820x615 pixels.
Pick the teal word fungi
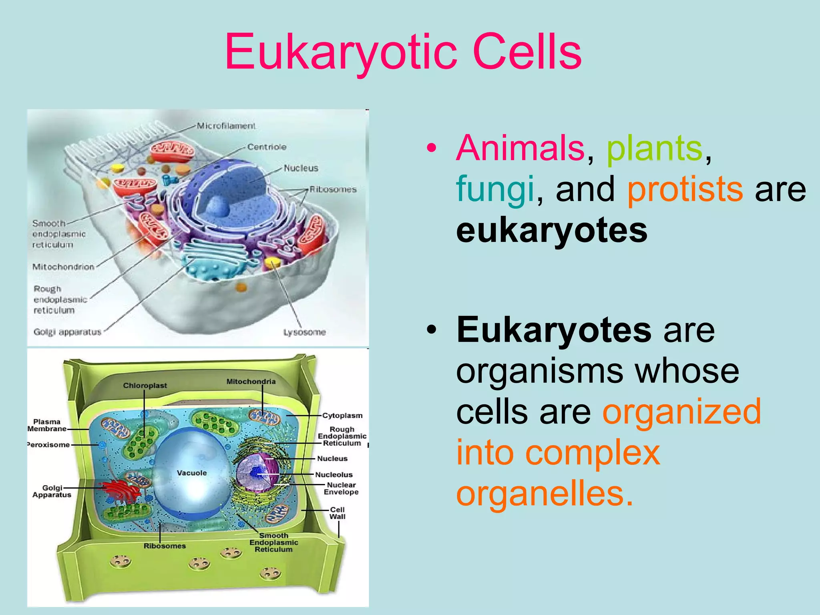[495, 189]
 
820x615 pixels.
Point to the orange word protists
[685, 189]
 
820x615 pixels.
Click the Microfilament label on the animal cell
[226, 126]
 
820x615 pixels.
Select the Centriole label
[267, 147]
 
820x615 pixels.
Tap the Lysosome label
[304, 332]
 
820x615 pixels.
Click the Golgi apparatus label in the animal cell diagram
[67, 332]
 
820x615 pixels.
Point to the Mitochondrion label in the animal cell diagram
[63, 267]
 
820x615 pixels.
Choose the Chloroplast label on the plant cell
[145, 385]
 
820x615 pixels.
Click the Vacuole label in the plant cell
[192, 473]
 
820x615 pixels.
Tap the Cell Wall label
[337, 513]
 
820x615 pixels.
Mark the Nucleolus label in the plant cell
[334, 475]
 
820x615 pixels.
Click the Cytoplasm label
[342, 416]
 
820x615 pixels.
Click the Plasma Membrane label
[47, 425]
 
